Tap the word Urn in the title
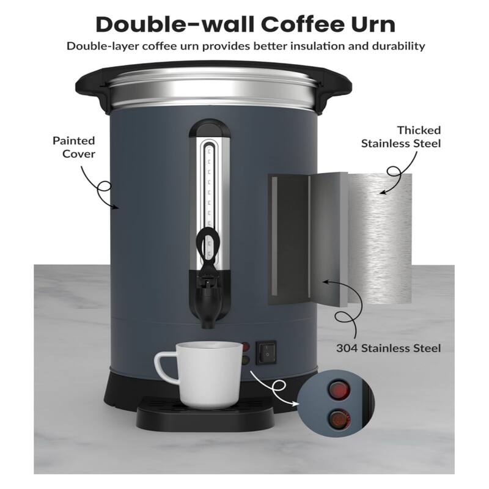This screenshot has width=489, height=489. [370, 24]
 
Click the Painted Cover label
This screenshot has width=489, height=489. [73, 147]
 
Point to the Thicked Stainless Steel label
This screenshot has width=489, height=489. [401, 137]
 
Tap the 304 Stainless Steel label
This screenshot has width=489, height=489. [389, 348]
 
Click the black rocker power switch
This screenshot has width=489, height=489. [266, 351]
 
